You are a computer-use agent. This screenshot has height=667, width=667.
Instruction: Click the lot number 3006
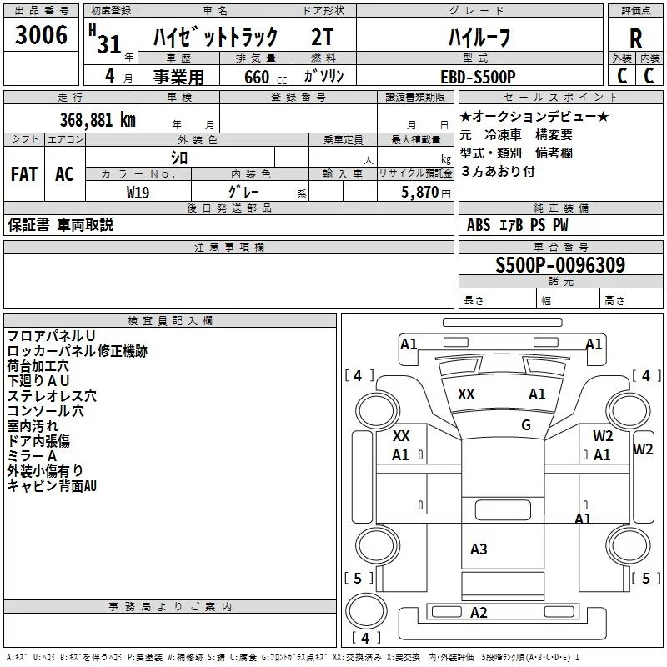pyautogui.click(x=43, y=35)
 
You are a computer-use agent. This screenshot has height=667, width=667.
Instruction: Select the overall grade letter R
pyautogui.click(x=635, y=38)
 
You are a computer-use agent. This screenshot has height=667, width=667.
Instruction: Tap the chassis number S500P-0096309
pyautogui.click(x=560, y=265)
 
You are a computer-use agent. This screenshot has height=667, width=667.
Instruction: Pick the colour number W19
pyautogui.click(x=138, y=192)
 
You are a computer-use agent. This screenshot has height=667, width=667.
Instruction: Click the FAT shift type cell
pyautogui.click(x=24, y=174)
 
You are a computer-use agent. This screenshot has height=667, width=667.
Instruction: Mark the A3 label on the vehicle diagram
pyautogui.click(x=479, y=549)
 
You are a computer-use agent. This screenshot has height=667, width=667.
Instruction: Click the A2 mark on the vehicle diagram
pyautogui.click(x=479, y=613)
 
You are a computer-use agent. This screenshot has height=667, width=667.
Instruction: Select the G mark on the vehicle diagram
pyautogui.click(x=526, y=424)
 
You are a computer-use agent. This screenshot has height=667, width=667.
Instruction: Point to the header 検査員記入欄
pyautogui.click(x=170, y=321)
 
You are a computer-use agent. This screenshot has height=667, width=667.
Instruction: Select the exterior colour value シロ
pyautogui.click(x=178, y=157)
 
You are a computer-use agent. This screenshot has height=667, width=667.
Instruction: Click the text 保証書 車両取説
pyautogui.click(x=60, y=224)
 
